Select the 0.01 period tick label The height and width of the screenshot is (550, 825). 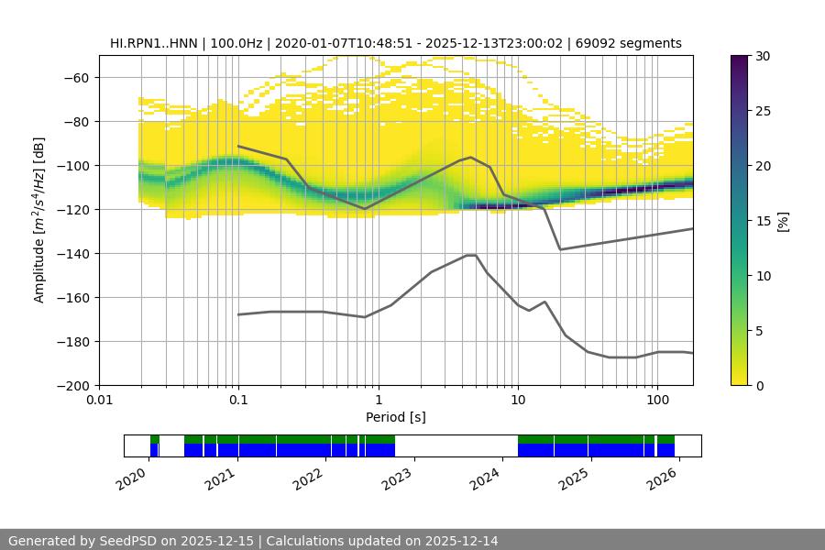pyautogui.click(x=99, y=401)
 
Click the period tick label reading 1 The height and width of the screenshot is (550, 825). pyautogui.click(x=378, y=401)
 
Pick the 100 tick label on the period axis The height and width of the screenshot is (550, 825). pyautogui.click(x=657, y=401)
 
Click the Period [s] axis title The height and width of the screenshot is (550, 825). pyautogui.click(x=396, y=417)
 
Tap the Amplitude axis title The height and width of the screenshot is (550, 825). pyautogui.click(x=39, y=220)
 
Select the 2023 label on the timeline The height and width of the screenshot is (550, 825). pyautogui.click(x=397, y=477)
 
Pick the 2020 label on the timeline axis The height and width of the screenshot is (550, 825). pyautogui.click(x=132, y=477)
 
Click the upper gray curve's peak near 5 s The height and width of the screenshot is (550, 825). pyautogui.click(x=471, y=157)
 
